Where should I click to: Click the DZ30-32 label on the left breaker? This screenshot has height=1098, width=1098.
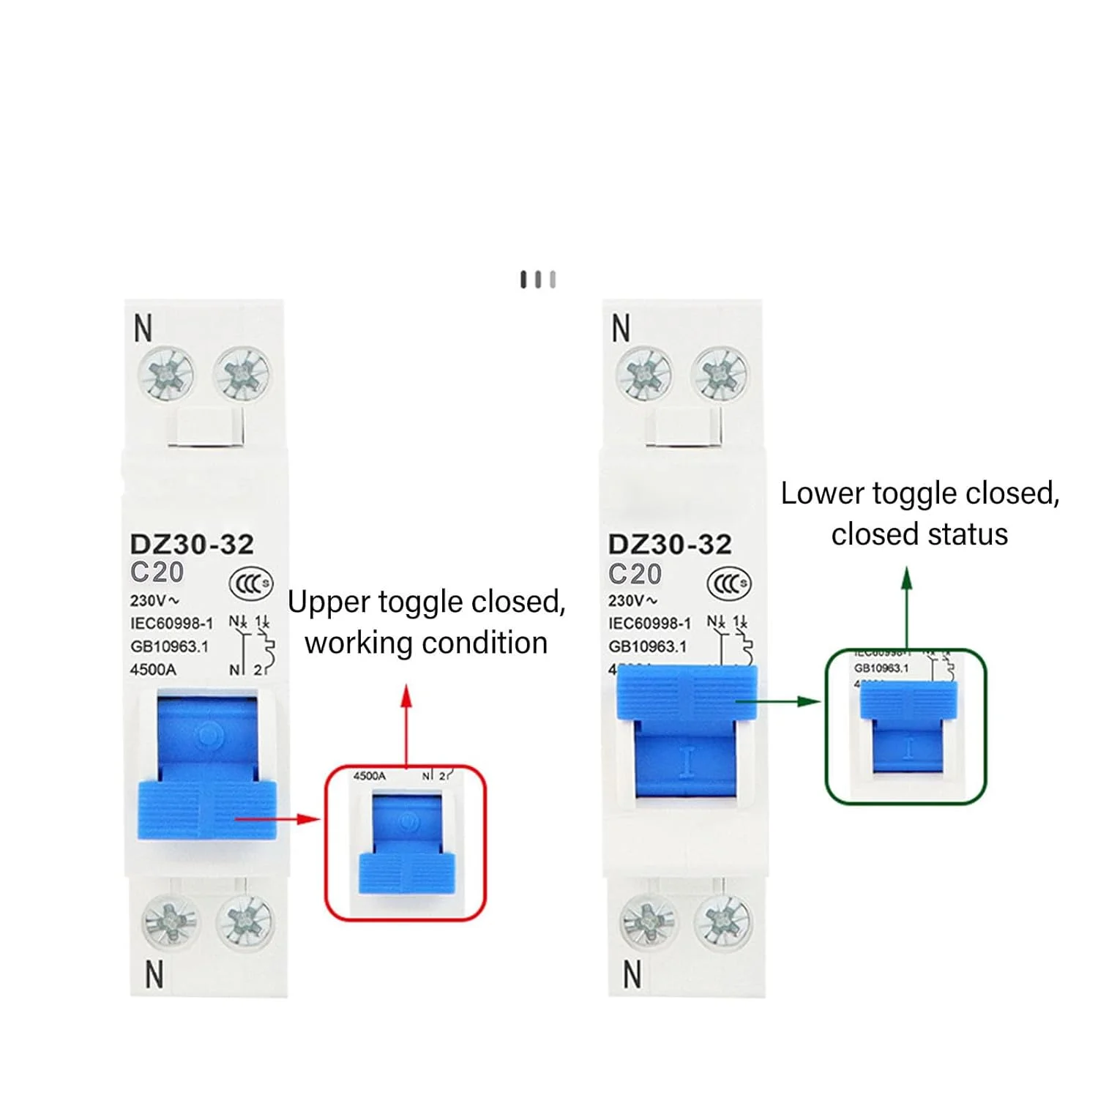[x=192, y=544]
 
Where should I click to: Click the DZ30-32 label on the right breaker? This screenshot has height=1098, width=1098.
[x=670, y=544]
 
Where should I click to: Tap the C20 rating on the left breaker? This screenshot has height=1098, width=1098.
[x=157, y=572]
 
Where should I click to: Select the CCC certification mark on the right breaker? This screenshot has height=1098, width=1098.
[x=728, y=583]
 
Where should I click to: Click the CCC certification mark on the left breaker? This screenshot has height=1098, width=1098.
[x=251, y=583]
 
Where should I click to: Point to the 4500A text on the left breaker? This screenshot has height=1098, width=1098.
[x=153, y=669]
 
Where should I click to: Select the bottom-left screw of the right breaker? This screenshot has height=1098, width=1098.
[x=648, y=921]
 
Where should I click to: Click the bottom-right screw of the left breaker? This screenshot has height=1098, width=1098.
[x=244, y=921]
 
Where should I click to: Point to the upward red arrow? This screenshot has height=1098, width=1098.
[x=406, y=725]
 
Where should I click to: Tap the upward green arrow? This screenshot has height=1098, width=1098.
[x=907, y=608]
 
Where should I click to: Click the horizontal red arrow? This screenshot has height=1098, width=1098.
[x=278, y=818]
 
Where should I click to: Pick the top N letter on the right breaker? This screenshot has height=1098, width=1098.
[x=621, y=329]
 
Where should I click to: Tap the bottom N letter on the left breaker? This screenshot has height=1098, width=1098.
[x=154, y=975]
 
